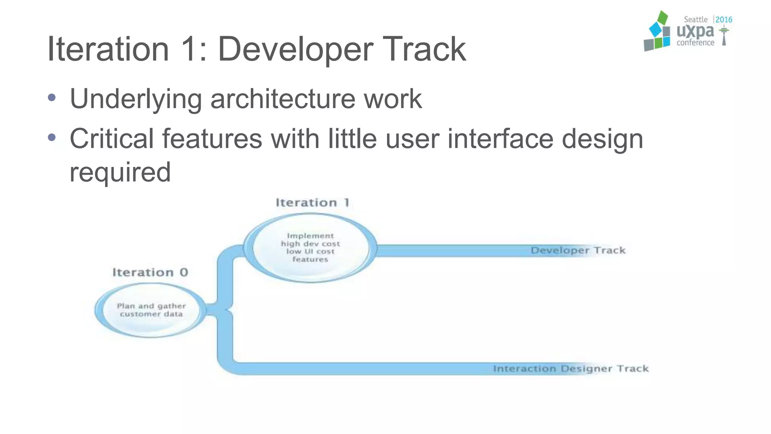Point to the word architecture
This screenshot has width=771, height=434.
pos(282,99)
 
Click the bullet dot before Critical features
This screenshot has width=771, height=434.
pos(52,138)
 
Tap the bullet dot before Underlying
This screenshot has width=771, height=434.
pos(52,98)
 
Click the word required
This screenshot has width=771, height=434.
pos(120,172)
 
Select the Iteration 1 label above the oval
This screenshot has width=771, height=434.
pos(312,203)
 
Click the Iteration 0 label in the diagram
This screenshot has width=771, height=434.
pos(150,272)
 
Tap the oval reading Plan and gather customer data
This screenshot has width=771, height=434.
pos(151,310)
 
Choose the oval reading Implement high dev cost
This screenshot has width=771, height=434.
pos(310,248)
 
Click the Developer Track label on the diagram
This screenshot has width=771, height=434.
pos(578,251)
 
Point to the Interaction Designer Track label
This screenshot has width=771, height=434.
pos(571,368)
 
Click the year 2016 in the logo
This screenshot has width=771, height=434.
pos(724,20)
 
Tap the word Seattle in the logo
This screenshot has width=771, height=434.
pos(695,20)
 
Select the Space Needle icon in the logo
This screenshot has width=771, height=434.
pos(724,36)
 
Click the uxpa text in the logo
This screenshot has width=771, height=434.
pos(695,32)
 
